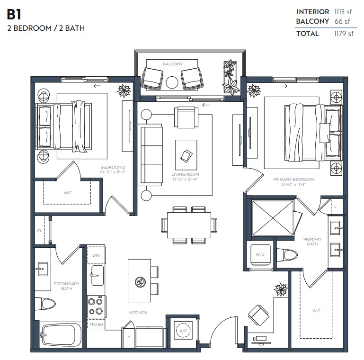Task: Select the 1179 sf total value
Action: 345,34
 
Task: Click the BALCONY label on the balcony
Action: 172,64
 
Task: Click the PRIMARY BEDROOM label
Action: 293,180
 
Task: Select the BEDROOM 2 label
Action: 113,167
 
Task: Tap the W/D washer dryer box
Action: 260,254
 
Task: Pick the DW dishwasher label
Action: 96,255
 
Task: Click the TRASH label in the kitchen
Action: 96,324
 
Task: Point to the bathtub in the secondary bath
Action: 61,335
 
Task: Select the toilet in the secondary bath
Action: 46,304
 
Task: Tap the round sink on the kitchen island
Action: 139,281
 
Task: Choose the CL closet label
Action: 39,231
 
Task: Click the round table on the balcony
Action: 172,82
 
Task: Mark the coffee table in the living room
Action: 186,155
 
